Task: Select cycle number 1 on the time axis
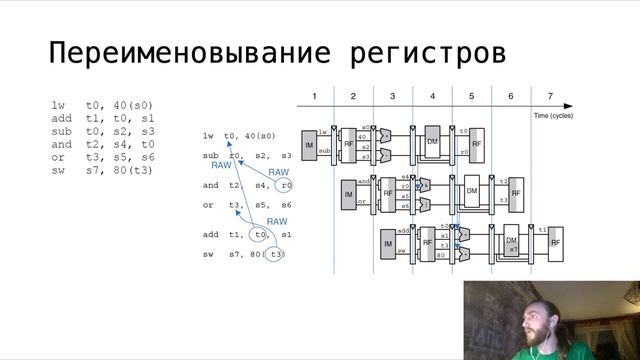click(314, 96)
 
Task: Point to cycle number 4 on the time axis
click(432, 96)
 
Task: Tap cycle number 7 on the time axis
click(549, 96)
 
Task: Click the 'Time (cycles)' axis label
click(555, 116)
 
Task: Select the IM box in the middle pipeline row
click(349, 193)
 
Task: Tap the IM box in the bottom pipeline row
click(387, 243)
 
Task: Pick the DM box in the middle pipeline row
click(472, 191)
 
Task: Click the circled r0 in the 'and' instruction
click(286, 185)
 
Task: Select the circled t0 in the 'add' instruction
click(261, 235)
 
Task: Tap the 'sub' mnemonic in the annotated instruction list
click(210, 156)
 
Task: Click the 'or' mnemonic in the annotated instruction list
click(208, 205)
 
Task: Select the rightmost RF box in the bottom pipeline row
click(555, 241)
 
